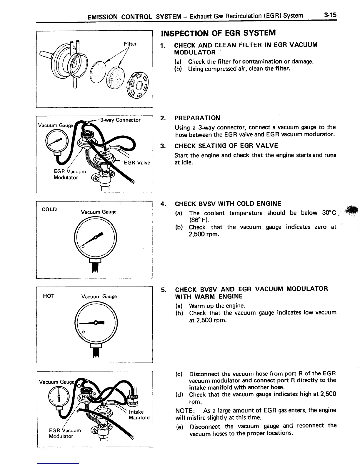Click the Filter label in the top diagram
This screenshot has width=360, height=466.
(130, 44)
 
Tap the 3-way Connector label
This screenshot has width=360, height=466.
(120, 120)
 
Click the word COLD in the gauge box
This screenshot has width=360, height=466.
(49, 209)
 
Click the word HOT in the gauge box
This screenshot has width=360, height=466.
(49, 296)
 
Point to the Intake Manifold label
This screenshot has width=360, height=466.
(139, 415)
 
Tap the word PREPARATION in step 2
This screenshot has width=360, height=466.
(197, 118)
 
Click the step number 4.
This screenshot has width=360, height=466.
(163, 204)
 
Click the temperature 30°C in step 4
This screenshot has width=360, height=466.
(328, 213)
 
